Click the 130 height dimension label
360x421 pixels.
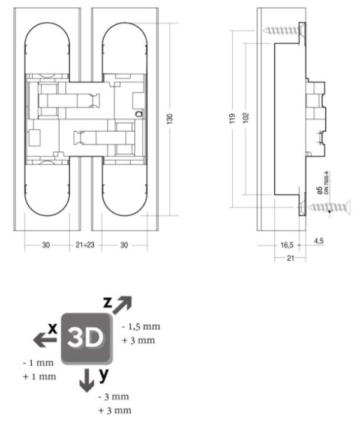(170, 119)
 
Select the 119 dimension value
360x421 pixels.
(232, 118)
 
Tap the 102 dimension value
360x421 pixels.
(246, 118)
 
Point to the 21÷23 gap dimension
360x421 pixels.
(85, 245)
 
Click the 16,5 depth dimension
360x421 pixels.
(287, 245)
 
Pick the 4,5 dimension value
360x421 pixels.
(319, 241)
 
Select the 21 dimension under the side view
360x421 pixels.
(290, 258)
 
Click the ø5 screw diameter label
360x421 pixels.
(319, 190)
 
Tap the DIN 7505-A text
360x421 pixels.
(326, 183)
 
